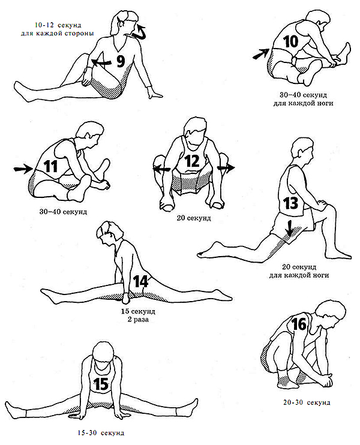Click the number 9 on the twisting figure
click(x=121, y=61)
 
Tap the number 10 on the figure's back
click(x=290, y=41)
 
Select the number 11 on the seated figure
click(x=51, y=166)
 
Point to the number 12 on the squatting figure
click(x=192, y=161)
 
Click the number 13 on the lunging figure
click(x=290, y=203)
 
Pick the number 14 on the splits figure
click(x=141, y=281)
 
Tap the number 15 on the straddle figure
click(x=101, y=384)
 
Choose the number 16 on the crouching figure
click(x=299, y=324)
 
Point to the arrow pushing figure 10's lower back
click(x=260, y=54)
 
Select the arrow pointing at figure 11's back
click(x=23, y=169)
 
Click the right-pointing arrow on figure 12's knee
click(x=226, y=168)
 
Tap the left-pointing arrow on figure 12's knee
click(x=162, y=169)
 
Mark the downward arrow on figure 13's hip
click(x=289, y=228)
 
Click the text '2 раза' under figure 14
click(x=138, y=319)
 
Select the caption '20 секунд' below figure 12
click(x=194, y=218)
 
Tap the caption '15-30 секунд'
click(x=101, y=433)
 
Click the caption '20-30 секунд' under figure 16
click(x=307, y=402)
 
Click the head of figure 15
click(x=104, y=351)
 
